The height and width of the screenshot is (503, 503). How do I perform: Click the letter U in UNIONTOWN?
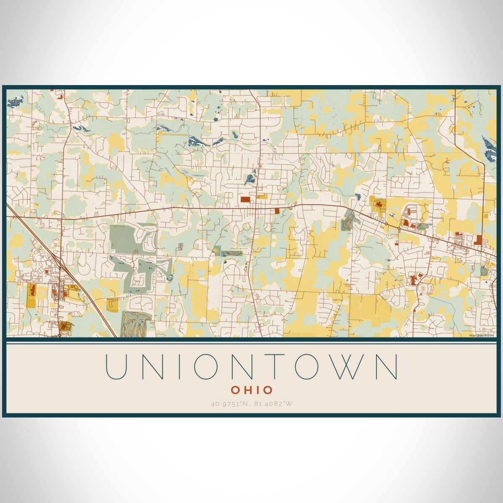(116, 367)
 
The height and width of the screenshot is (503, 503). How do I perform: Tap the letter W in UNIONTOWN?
(346, 367)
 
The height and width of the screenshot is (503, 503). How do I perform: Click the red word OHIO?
(251, 390)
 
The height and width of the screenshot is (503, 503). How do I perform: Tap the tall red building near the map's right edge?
(479, 240)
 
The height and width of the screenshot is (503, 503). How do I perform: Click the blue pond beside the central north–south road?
(250, 179)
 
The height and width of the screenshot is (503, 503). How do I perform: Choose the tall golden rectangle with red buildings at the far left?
(31, 296)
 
